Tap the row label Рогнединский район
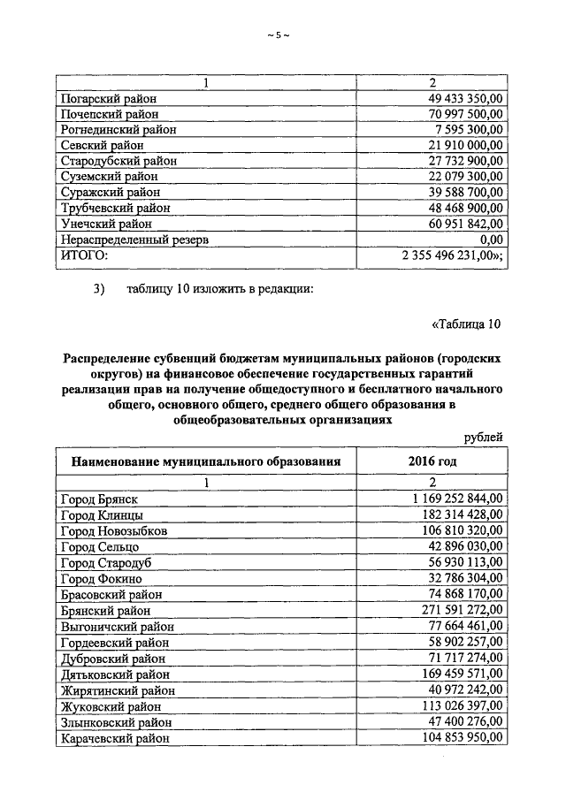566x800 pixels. point(119,130)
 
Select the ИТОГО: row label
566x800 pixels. point(83,255)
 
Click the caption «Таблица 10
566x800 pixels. point(466,324)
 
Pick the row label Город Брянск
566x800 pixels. point(100,499)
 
